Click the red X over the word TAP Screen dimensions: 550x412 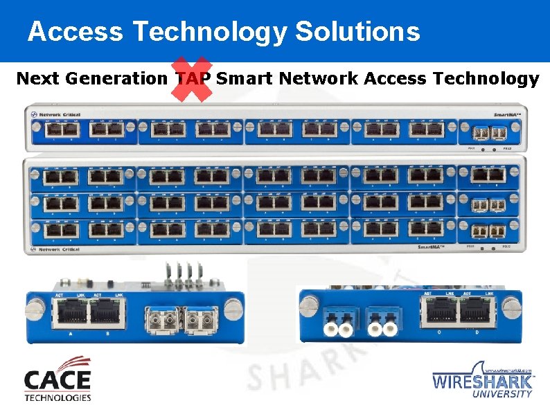tap(192, 78)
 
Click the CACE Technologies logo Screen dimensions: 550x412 tap(57, 379)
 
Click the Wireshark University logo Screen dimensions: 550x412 tap(483, 379)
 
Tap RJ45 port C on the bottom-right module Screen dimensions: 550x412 tap(439, 314)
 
